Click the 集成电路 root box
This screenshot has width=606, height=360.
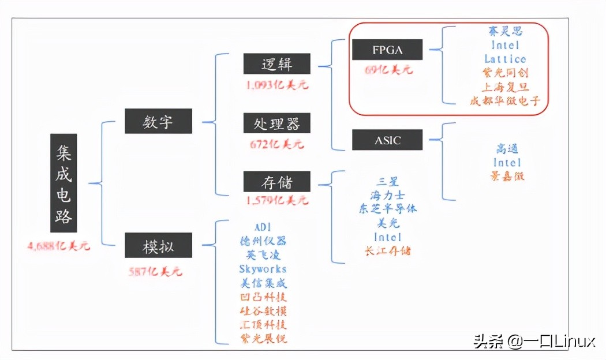pos(63,183)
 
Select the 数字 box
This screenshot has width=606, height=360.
pos(158,122)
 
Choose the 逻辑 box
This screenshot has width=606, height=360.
pos(276,64)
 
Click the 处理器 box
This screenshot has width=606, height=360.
pos(276,123)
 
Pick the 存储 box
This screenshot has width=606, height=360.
pos(276,182)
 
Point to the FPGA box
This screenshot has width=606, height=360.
pos(387,50)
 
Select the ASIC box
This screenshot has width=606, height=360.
pos(387,140)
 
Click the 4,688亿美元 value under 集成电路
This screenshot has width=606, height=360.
pos(59,246)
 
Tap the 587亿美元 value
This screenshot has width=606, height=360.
pos(156,271)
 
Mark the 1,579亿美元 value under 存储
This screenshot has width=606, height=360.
pos(276,201)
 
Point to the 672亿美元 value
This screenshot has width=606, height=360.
pos(276,144)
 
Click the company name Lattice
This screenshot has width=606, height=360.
pos(505,59)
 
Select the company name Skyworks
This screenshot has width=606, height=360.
pos(263,269)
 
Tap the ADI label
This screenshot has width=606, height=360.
pos(263,226)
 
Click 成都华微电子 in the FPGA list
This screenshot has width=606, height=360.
pos(505,101)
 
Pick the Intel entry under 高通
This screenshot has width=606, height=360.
pos(507,163)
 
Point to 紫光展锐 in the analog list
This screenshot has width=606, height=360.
pos(263,339)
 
